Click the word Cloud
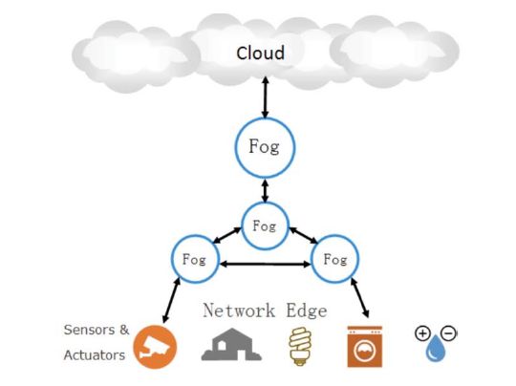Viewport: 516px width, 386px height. [x=260, y=53]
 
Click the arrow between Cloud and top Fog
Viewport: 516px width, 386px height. [x=266, y=97]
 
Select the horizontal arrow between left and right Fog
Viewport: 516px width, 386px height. [x=266, y=264]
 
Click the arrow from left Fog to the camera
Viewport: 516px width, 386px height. [x=171, y=300]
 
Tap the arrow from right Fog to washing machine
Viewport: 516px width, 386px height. [x=359, y=298]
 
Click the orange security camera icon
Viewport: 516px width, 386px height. [x=155, y=347]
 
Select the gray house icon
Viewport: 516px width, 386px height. [x=231, y=344]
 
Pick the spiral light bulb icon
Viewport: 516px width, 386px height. [x=300, y=346]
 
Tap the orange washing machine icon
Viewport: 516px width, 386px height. [x=365, y=346]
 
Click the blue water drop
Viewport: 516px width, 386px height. [x=436, y=348]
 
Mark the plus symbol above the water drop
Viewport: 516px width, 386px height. [x=423, y=333]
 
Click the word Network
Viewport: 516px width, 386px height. [x=239, y=311]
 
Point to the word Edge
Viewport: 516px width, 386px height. [x=307, y=311]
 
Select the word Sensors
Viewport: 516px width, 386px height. [x=90, y=330]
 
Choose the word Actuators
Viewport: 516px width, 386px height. [x=95, y=355]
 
